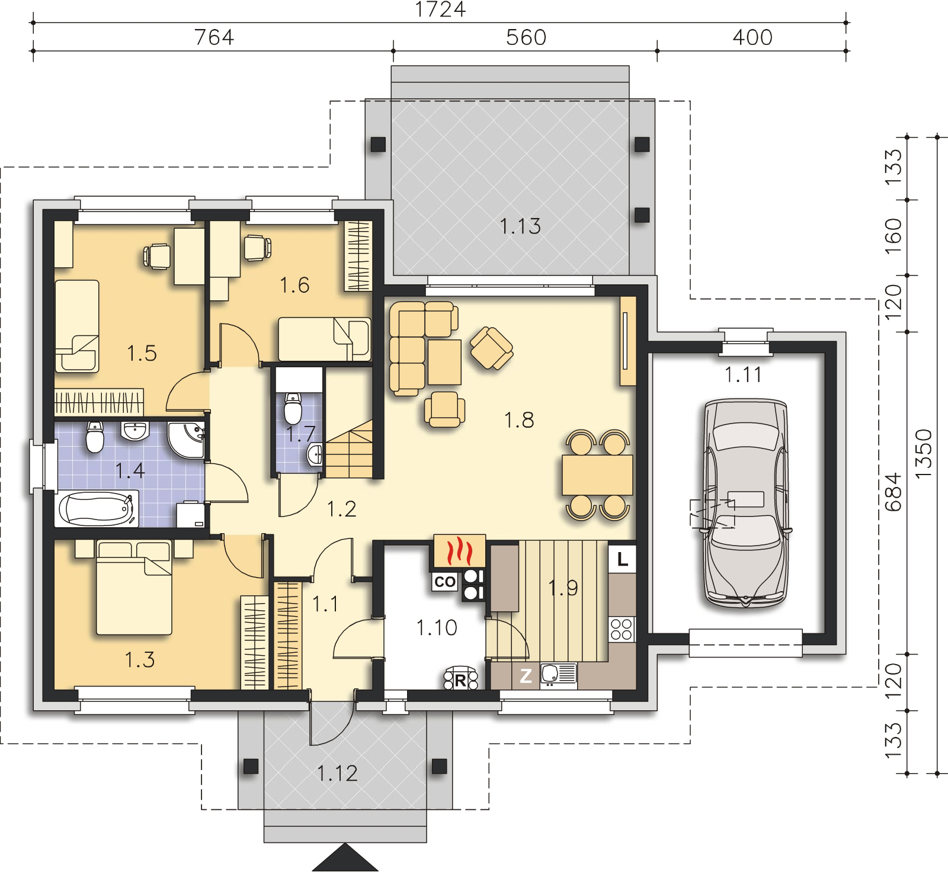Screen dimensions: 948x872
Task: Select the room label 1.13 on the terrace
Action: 520,226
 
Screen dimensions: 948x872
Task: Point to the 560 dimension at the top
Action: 526,37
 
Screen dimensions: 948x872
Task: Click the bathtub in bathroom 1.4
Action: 97,508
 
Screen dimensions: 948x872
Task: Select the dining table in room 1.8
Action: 597,475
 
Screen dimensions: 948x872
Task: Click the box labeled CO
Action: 444,582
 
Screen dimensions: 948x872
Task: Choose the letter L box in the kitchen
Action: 622,559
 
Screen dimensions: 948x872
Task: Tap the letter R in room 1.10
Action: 460,681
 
